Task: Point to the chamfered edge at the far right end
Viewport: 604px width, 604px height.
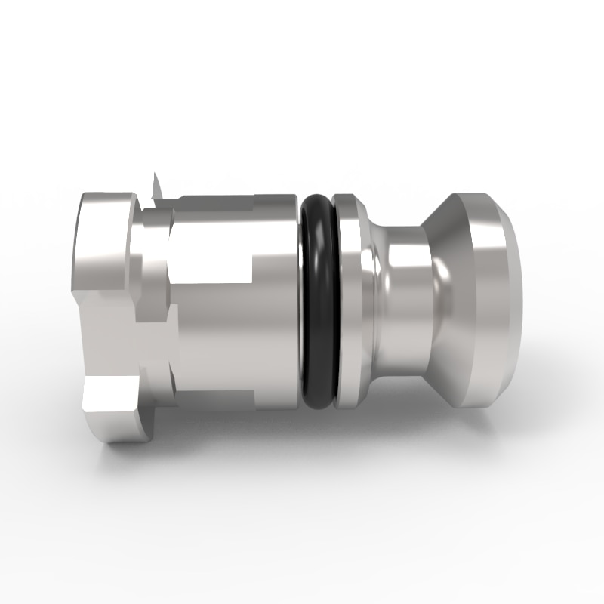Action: point(513,302)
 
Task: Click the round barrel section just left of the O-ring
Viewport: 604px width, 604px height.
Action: point(279,302)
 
